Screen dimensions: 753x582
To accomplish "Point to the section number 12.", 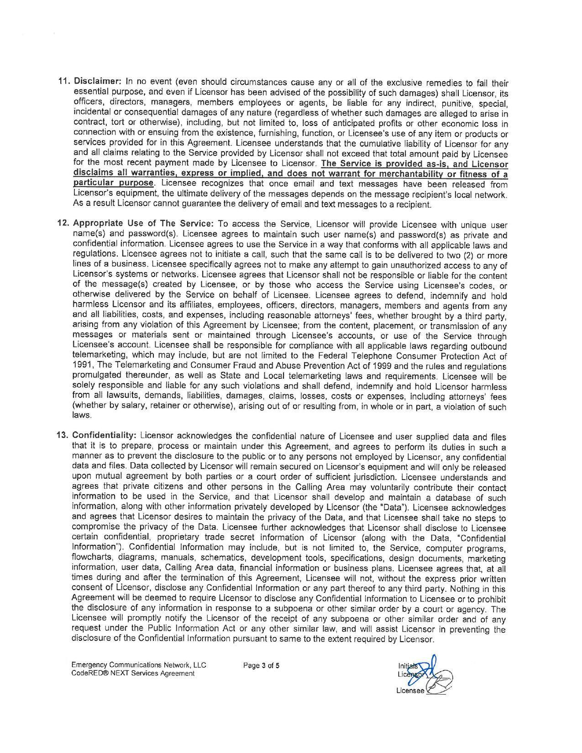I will coord(63,224).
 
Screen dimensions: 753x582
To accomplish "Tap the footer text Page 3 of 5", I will coord(261,665).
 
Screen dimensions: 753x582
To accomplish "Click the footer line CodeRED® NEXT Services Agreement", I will coord(133,673).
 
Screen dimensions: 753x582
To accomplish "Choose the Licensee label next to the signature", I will coord(409,690).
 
